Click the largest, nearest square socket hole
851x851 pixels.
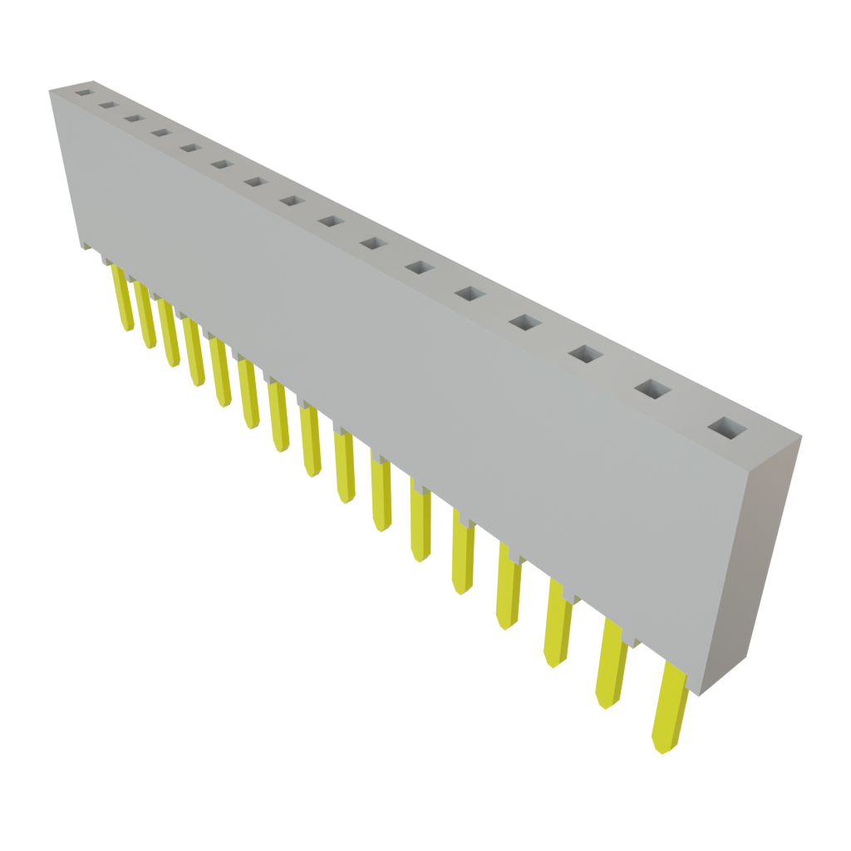729,429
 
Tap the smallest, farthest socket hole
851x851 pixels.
83,93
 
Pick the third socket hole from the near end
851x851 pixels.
586,354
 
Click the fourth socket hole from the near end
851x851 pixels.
524,322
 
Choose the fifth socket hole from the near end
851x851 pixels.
470,293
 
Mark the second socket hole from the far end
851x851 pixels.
107,106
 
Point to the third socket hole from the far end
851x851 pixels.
132,118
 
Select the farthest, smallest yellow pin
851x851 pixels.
122,299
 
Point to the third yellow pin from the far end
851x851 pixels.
170,335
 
